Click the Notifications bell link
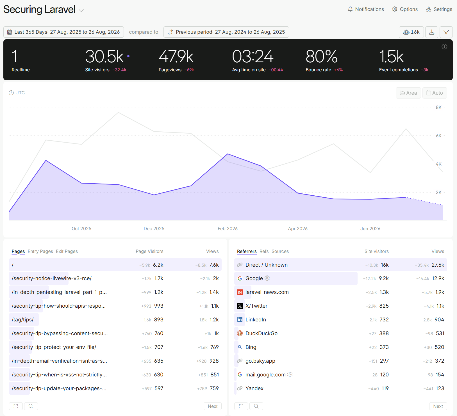pos(366,9)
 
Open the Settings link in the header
pos(439,9)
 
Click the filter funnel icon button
pos(446,32)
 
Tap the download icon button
pos(432,32)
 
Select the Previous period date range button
pos(226,32)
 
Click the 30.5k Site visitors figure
pos(104,56)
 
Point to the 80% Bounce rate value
pos(322,56)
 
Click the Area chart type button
pos(408,93)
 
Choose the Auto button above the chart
pos(435,93)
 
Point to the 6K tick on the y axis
pos(439,136)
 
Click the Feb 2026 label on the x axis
pos(228,228)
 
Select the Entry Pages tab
pos(40,252)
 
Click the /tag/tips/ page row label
pos(23,320)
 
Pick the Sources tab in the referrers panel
pos(280,252)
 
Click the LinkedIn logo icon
pos(240,320)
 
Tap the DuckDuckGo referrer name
pos(262,333)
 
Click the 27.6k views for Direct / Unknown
pos(438,265)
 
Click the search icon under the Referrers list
pos(256,406)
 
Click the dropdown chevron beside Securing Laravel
pos(81,10)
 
